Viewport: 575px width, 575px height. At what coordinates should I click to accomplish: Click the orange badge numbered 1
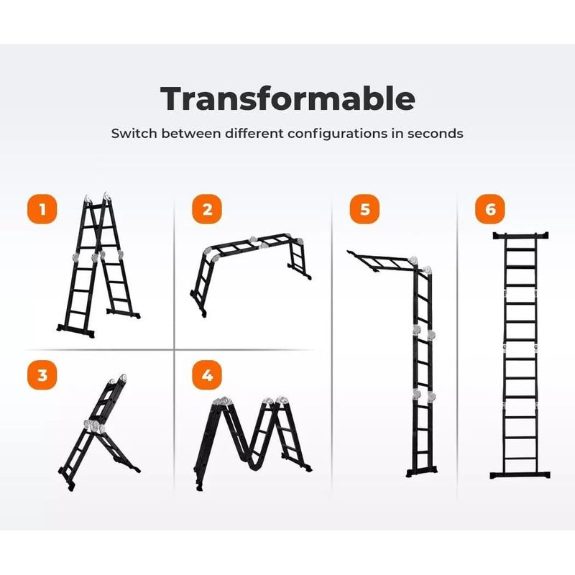[42, 209]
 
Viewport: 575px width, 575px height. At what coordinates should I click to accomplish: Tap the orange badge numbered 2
[207, 209]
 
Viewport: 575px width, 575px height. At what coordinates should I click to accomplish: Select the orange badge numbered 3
[42, 374]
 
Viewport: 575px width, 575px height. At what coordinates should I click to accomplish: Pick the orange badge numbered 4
[207, 374]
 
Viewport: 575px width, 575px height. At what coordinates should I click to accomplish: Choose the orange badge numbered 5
[364, 209]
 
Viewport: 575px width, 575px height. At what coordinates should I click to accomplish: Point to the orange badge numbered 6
[490, 209]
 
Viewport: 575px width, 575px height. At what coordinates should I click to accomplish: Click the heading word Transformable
[288, 98]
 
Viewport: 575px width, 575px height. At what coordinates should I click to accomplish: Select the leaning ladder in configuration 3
[99, 433]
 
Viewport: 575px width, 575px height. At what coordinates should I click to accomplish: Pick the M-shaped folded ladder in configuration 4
[253, 443]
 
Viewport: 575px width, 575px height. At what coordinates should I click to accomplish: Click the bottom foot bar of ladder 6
[520, 475]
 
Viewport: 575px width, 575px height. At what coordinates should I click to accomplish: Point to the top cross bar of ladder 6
[520, 236]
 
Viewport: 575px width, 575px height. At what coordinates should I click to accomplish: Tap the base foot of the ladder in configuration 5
[422, 471]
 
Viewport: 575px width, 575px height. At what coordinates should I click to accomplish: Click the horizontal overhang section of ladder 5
[382, 261]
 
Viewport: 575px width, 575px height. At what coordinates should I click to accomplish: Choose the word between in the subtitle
[191, 133]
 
